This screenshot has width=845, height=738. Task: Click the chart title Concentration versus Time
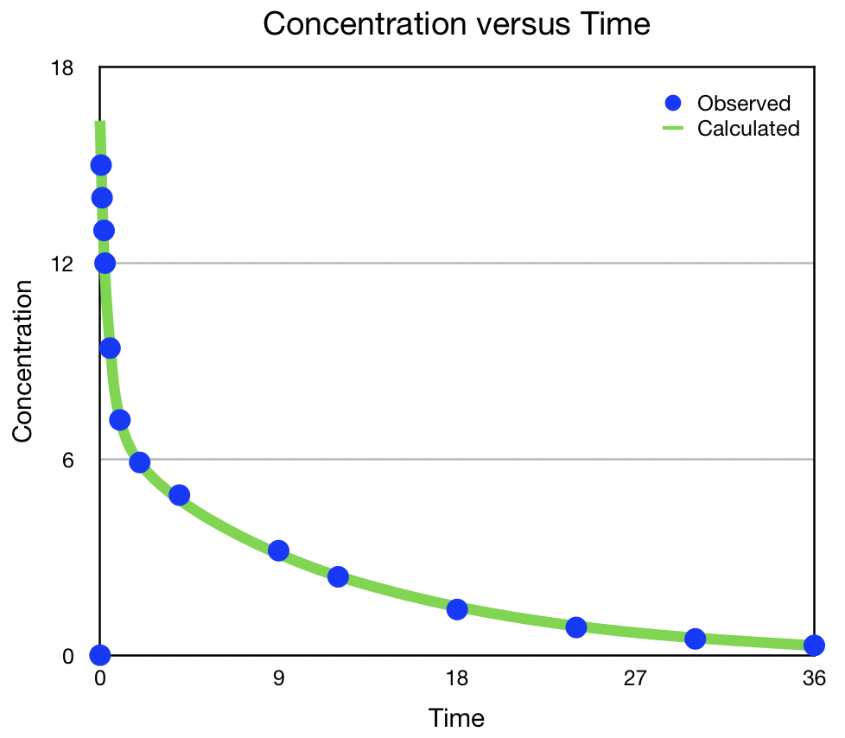pyautogui.click(x=455, y=24)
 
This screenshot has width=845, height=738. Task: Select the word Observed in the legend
pyautogui.click(x=743, y=104)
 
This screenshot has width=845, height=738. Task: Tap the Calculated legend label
pyautogui.click(x=748, y=129)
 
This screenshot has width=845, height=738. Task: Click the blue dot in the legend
pyautogui.click(x=674, y=103)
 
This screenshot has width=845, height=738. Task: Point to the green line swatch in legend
pyautogui.click(x=674, y=129)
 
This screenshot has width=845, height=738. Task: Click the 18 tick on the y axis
pyautogui.click(x=62, y=67)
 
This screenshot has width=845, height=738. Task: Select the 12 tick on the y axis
pyautogui.click(x=62, y=264)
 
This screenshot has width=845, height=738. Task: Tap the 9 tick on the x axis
pyautogui.click(x=278, y=678)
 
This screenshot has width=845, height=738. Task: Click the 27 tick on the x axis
pyautogui.click(x=635, y=678)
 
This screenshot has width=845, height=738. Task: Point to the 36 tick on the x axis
pyautogui.click(x=814, y=678)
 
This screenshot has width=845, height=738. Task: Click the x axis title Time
pyautogui.click(x=456, y=717)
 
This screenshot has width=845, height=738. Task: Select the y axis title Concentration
pyautogui.click(x=22, y=361)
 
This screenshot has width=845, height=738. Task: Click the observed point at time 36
pyautogui.click(x=814, y=646)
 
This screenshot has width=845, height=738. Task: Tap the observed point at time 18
pyautogui.click(x=457, y=609)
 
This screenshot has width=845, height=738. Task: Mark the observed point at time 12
pyautogui.click(x=338, y=576)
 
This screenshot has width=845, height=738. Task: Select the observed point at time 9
pyautogui.click(x=278, y=550)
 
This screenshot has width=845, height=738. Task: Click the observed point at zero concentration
pyautogui.click(x=100, y=655)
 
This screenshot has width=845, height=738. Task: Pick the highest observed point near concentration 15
pyautogui.click(x=101, y=165)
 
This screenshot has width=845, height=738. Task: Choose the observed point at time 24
pyautogui.click(x=576, y=627)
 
